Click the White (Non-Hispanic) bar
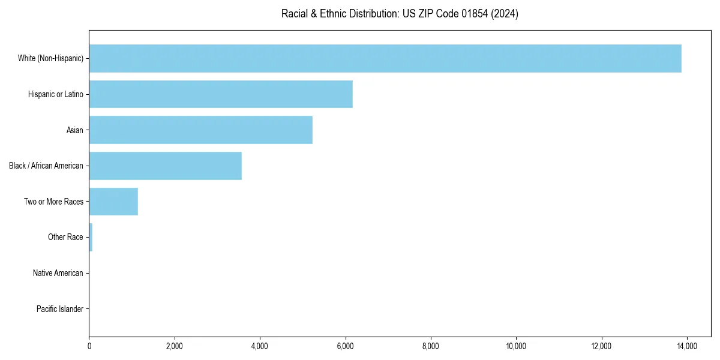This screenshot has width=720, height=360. (385, 58)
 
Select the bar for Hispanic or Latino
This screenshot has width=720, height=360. (221, 94)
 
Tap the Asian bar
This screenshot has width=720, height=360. (200, 130)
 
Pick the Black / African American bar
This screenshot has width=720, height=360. (165, 166)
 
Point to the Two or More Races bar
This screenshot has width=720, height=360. (113, 202)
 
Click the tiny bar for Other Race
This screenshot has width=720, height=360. (91, 237)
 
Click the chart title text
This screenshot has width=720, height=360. (400, 14)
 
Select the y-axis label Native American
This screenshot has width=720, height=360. (58, 273)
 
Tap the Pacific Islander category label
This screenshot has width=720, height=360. (59, 309)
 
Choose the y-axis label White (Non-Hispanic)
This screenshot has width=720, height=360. (50, 58)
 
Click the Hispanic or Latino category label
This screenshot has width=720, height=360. (56, 94)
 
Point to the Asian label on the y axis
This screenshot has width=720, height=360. (74, 130)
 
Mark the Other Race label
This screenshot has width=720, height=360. (65, 237)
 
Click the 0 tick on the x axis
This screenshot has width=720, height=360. (89, 346)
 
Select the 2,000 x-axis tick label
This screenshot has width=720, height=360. (175, 346)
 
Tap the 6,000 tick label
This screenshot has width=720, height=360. (345, 346)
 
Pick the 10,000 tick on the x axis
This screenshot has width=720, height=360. (516, 346)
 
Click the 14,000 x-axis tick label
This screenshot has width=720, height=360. (686, 346)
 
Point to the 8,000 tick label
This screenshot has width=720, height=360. (431, 346)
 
